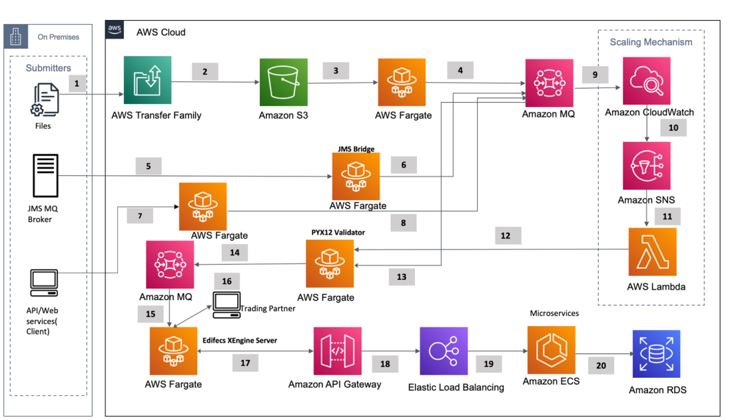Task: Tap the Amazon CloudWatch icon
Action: (x=647, y=81)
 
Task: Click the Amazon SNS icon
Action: (x=647, y=165)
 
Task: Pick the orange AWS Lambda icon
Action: (x=652, y=252)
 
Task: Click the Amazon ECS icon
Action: (x=551, y=350)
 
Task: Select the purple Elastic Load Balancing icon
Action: (x=444, y=351)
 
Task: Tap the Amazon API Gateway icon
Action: (x=337, y=351)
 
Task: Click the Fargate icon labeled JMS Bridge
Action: (x=356, y=177)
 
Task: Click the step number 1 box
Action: (x=77, y=84)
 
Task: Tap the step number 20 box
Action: (x=600, y=365)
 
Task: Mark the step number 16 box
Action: (x=226, y=281)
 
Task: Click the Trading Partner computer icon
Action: (x=226, y=303)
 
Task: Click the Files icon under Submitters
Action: (x=44, y=100)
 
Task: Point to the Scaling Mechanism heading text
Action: (x=651, y=42)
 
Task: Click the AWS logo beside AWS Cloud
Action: (x=115, y=29)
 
